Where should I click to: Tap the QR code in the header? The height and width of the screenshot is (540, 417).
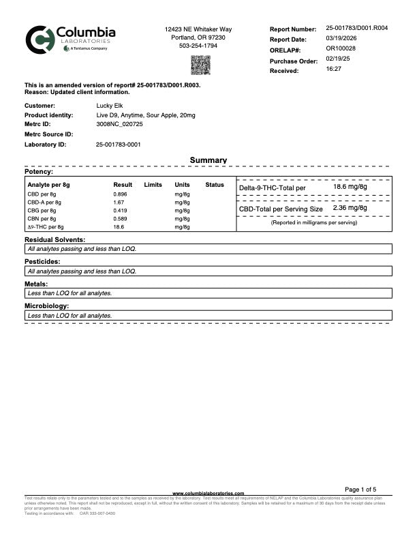[200, 65]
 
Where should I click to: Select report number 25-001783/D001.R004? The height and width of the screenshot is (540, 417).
[356, 29]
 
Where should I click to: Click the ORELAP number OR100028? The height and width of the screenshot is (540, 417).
[341, 48]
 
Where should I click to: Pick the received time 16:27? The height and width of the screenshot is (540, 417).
[334, 69]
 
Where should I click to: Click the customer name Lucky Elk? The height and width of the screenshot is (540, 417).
[110, 106]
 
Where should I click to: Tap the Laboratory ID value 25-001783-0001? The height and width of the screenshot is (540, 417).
[119, 145]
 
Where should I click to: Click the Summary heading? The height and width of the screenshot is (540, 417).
[208, 160]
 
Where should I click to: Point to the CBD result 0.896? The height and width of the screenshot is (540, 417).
[120, 194]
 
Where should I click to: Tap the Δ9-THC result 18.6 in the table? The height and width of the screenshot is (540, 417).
[118, 227]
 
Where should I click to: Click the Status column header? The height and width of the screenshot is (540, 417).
[215, 185]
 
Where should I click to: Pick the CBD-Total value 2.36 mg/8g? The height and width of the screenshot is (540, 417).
[350, 208]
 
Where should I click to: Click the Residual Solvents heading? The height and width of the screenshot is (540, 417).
[55, 240]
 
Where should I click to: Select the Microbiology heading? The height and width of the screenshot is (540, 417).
[50, 307]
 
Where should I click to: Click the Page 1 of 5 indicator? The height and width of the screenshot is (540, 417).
[365, 490]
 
